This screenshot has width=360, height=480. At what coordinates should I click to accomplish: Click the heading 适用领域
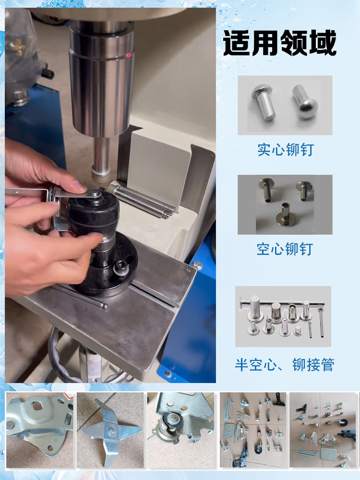280,43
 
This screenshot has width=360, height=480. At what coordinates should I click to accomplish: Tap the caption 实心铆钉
285,150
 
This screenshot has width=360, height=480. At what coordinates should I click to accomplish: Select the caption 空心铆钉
285,249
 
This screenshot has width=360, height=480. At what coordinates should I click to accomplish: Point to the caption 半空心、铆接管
284,365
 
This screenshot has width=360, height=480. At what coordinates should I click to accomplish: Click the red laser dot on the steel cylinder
129,55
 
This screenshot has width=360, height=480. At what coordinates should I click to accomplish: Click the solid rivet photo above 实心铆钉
285,105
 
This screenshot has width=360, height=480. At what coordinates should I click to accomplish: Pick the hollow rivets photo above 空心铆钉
285,204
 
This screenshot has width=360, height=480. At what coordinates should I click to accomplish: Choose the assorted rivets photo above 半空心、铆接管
283,316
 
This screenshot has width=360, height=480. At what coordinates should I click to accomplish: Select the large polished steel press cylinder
101,80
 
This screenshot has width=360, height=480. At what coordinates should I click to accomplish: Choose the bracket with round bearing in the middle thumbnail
181,430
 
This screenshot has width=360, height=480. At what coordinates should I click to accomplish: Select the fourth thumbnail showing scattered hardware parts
253,430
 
